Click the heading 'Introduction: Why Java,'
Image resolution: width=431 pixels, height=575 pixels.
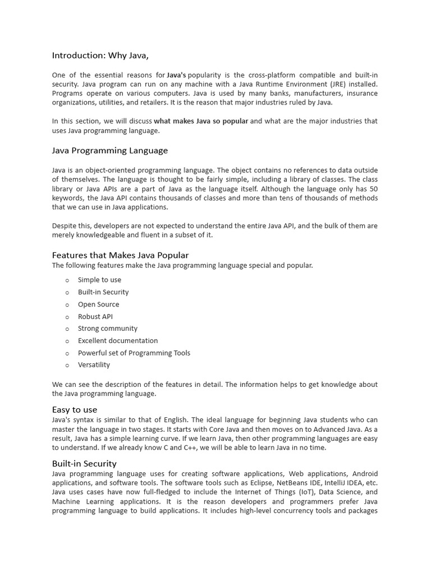coord(100,55)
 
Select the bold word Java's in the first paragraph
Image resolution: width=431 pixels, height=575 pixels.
coord(177,75)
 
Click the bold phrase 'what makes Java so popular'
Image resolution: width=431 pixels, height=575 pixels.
coord(201,121)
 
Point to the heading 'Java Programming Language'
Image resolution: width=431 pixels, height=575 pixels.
coord(110,150)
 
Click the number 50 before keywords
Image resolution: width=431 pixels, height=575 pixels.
coord(373,189)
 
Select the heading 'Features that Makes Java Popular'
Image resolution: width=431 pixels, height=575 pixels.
coord(121,255)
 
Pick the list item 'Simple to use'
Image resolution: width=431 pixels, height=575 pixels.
coord(99,280)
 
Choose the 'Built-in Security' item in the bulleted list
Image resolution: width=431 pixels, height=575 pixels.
coord(103,292)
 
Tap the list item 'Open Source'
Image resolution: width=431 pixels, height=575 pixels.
coord(98,304)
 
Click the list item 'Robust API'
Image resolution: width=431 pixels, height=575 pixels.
coord(95,317)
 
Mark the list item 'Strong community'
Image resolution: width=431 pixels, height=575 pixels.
coord(107,328)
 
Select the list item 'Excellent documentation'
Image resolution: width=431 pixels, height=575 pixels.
coord(118,341)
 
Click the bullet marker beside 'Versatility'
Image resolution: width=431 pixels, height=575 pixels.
coord(67,365)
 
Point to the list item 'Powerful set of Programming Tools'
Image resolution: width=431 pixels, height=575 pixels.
coord(134,353)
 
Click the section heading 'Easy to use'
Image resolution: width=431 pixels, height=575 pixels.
coord(75,410)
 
